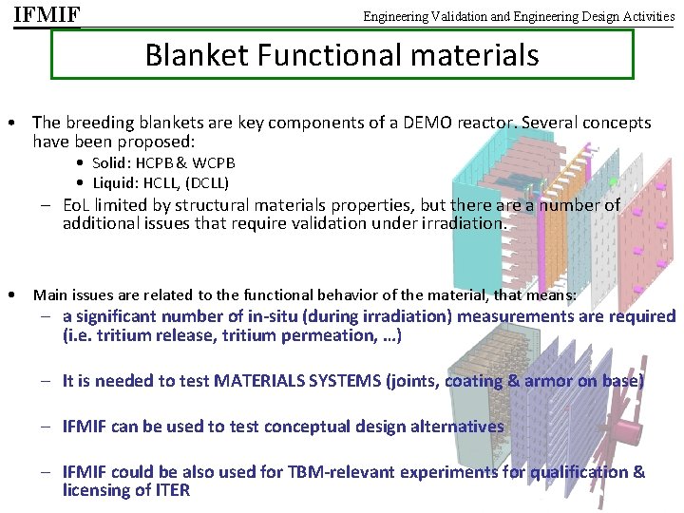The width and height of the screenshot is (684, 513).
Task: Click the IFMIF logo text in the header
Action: (x=47, y=15)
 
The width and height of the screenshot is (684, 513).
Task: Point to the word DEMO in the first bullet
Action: (x=445, y=123)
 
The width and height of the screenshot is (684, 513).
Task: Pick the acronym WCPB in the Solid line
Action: (x=215, y=163)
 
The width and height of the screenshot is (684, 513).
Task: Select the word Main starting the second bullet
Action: (x=49, y=295)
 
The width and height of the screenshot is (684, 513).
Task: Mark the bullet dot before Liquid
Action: (x=83, y=182)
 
